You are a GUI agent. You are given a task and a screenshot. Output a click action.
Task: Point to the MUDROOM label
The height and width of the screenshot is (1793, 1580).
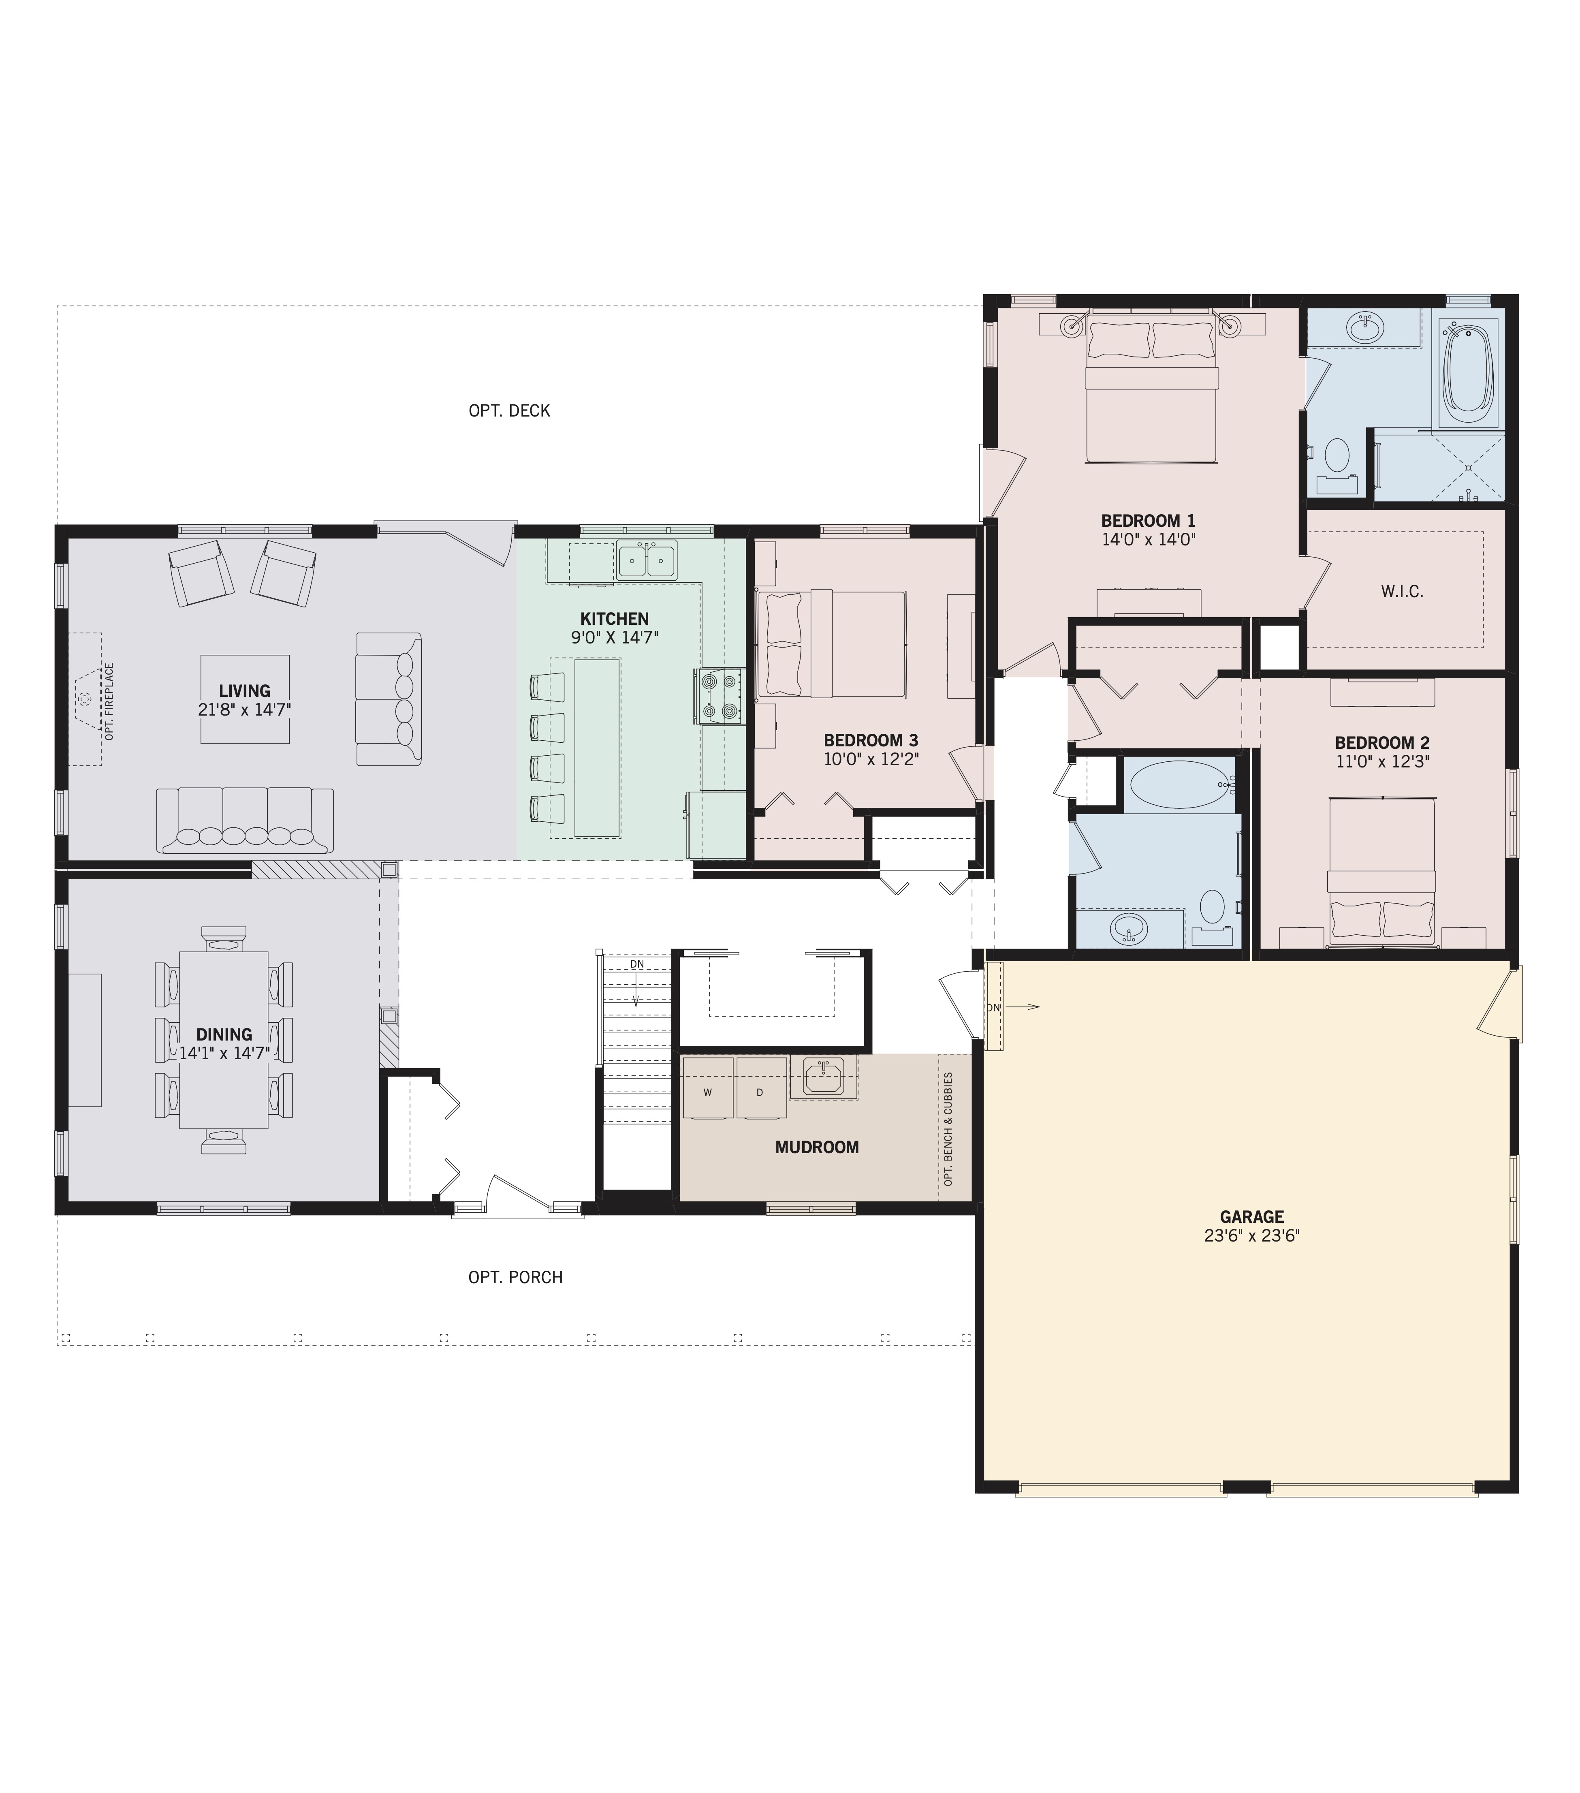[817, 1148]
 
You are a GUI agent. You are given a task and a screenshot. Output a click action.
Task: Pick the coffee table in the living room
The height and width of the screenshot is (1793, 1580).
[245, 699]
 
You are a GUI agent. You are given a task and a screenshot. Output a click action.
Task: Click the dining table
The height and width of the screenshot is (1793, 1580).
[224, 1039]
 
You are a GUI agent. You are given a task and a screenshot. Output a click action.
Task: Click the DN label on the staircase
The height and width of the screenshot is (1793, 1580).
[637, 964]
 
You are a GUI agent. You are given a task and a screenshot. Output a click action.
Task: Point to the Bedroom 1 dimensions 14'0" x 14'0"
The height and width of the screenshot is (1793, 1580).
[1149, 541]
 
